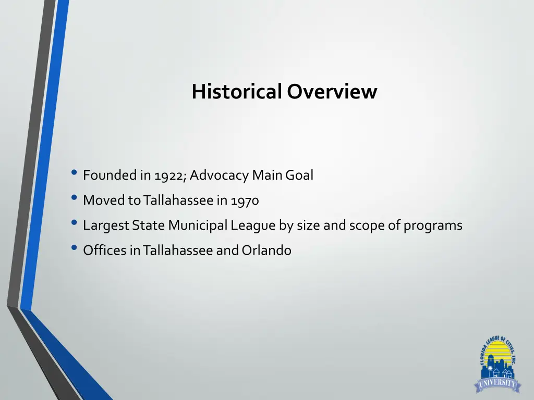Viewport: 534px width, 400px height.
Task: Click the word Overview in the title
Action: pos(332,92)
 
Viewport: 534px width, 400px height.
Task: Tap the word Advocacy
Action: pos(220,176)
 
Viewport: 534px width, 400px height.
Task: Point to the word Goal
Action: pos(300,176)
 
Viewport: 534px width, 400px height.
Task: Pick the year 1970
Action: pos(245,201)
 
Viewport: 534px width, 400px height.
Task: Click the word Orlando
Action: pos(266,251)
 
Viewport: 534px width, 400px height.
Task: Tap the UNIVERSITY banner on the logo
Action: pos(496,384)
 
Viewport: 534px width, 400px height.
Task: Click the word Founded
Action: pos(110,176)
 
